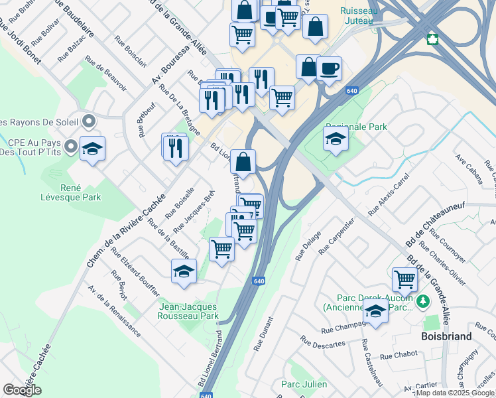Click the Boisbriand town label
point(447,336)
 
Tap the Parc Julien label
point(304,384)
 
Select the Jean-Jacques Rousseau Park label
point(188,311)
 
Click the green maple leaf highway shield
point(433,39)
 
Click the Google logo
point(22,390)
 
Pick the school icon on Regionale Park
point(336,139)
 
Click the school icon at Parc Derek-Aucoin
point(375,310)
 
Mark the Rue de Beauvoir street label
point(105,73)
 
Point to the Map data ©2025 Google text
point(456,393)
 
